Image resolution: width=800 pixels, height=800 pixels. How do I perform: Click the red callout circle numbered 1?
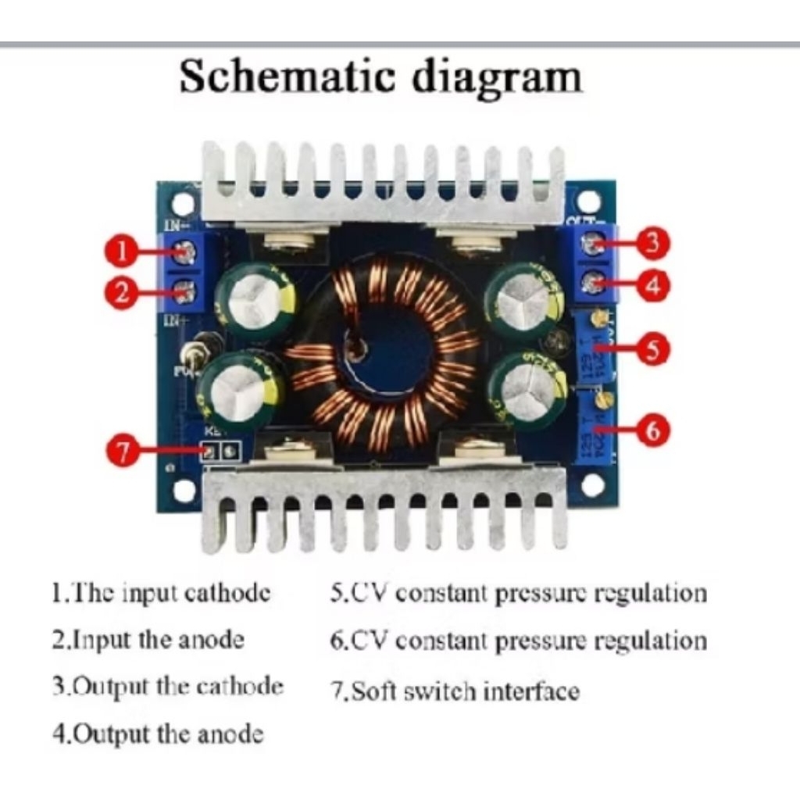pyautogui.click(x=121, y=252)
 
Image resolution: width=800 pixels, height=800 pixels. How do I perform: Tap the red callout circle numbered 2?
pyautogui.click(x=121, y=294)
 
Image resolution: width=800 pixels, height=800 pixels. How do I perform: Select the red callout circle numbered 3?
pyautogui.click(x=653, y=243)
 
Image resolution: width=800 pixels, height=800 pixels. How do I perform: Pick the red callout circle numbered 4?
pyautogui.click(x=653, y=285)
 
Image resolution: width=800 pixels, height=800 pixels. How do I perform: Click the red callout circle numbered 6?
pyautogui.click(x=653, y=430)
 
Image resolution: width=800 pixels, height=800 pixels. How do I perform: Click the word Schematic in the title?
pyautogui.click(x=288, y=78)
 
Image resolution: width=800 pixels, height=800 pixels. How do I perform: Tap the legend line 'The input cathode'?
pyautogui.click(x=162, y=593)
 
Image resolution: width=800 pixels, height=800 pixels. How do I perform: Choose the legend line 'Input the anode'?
pyautogui.click(x=148, y=641)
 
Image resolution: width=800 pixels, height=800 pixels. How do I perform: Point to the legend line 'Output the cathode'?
pyautogui.click(x=168, y=687)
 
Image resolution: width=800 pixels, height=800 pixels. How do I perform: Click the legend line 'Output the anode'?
pyautogui.click(x=158, y=734)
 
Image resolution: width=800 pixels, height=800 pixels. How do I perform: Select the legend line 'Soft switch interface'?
pyautogui.click(x=455, y=691)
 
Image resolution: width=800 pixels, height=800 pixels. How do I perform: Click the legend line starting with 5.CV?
pyautogui.click(x=519, y=593)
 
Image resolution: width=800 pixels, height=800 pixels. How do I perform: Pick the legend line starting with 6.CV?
pyautogui.click(x=519, y=641)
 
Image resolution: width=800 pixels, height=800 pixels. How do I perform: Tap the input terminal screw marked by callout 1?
pyautogui.click(x=185, y=252)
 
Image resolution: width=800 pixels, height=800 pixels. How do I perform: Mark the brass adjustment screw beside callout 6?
pyautogui.click(x=602, y=400)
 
